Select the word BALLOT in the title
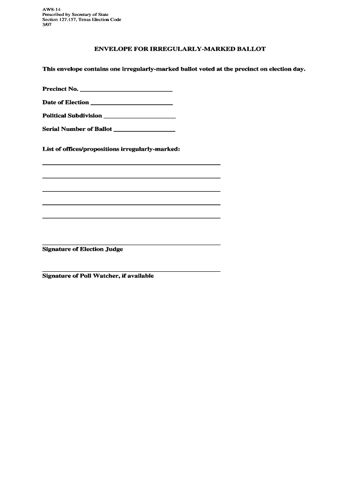pyautogui.click(x=252, y=49)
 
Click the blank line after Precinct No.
pyautogui.click(x=126, y=90)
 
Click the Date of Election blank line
pyautogui.click(x=131, y=103)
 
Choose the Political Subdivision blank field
pyautogui.click(x=139, y=116)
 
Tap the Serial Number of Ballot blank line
pyautogui.click(x=144, y=130)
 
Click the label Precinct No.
pyautogui.click(x=60, y=89)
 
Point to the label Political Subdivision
pyautogui.click(x=72, y=116)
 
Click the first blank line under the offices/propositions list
pyautogui.click(x=131, y=164)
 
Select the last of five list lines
pyautogui.click(x=131, y=218)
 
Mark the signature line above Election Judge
pyautogui.click(x=131, y=245)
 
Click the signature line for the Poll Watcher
pyautogui.click(x=131, y=271)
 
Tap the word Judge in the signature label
pyautogui.click(x=114, y=249)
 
